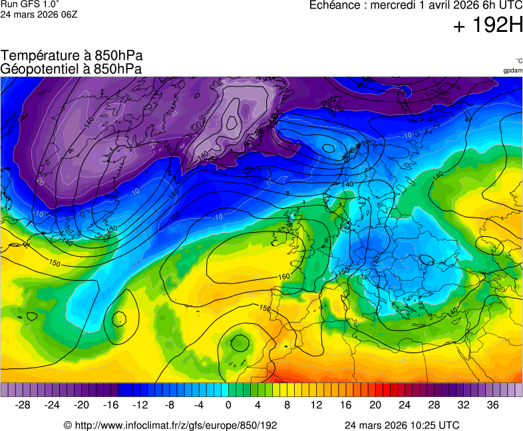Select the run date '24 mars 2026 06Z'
39,15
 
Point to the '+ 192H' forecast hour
488,26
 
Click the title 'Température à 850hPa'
71,56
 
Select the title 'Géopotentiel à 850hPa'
71,69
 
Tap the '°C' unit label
518,61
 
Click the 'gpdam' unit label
512,70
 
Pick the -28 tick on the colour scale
23,405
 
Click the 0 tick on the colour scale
228,405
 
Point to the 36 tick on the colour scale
492,405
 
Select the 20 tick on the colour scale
375,405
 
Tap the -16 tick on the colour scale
111,405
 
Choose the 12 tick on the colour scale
317,405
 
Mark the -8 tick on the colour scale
170,405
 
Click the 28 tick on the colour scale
434,405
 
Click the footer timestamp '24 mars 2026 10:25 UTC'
401,425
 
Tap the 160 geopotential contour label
283,277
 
